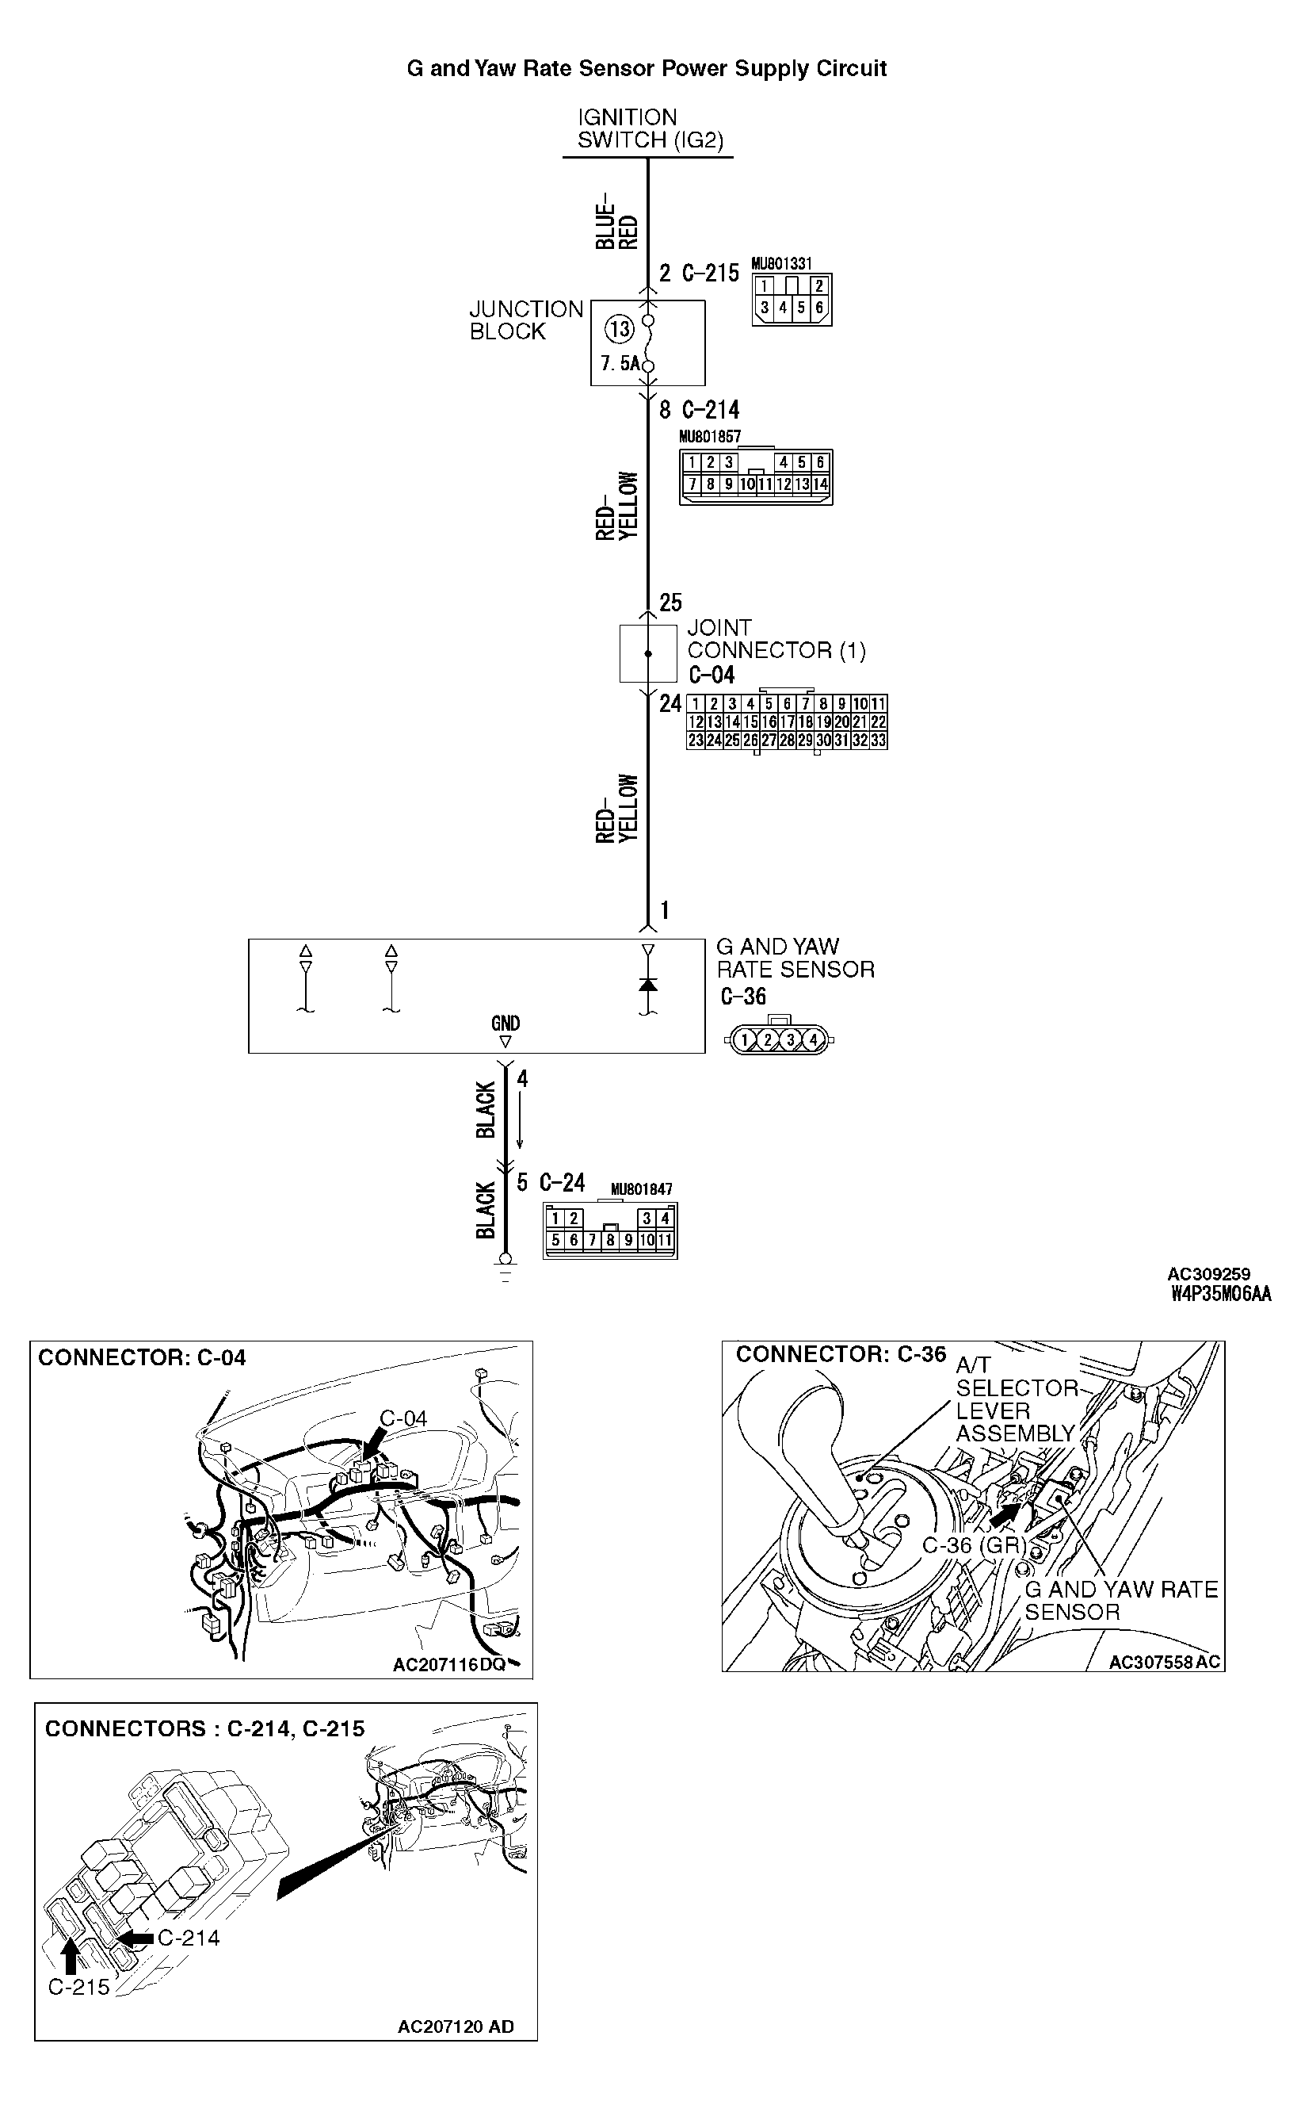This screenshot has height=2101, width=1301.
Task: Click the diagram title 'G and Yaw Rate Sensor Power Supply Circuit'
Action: [647, 69]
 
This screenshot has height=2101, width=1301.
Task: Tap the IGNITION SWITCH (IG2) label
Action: [650, 129]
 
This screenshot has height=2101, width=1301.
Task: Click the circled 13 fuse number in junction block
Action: [619, 330]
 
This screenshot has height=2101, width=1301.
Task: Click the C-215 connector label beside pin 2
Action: [710, 274]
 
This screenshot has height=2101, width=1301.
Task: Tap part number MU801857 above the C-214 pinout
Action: [710, 436]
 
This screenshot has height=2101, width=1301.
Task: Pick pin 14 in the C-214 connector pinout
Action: [821, 484]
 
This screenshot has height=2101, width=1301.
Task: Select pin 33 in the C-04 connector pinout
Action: [878, 741]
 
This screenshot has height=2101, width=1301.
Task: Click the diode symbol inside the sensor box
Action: [648, 984]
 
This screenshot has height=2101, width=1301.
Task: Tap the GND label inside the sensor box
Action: [505, 1024]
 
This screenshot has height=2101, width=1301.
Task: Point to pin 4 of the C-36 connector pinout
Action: [811, 1041]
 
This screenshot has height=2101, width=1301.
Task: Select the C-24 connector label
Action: [562, 1183]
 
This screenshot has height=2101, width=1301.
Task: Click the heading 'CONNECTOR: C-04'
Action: [142, 1357]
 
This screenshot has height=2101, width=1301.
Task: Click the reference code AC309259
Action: [1208, 1274]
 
